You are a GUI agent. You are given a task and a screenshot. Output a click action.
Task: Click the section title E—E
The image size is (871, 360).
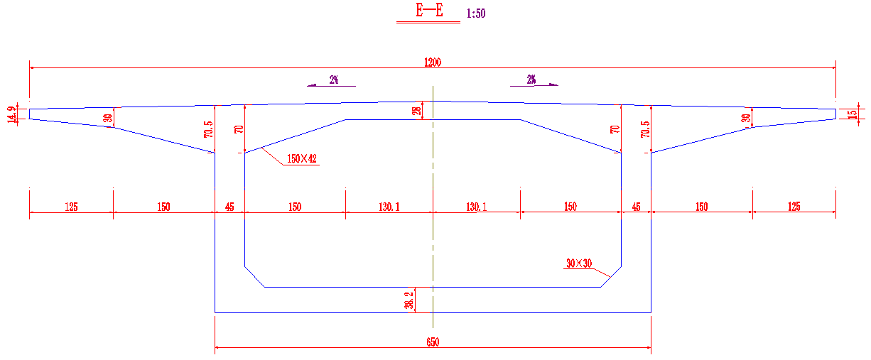428,11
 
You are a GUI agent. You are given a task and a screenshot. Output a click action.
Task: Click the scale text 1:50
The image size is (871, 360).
476,13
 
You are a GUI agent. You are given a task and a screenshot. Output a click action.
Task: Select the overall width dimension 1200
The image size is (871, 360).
432,62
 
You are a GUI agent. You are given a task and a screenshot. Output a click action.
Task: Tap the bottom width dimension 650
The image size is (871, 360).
433,342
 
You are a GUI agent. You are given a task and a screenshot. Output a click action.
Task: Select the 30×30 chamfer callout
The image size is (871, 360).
578,263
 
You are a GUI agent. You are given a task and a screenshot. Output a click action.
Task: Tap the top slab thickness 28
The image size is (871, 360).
418,110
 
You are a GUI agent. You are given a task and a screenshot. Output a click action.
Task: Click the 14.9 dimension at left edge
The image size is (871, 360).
11,114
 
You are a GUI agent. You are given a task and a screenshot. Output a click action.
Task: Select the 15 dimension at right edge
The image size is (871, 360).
853,114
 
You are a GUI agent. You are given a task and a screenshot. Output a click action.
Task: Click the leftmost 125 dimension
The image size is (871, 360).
71,207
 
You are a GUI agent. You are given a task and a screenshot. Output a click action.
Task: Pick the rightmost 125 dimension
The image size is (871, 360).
794,207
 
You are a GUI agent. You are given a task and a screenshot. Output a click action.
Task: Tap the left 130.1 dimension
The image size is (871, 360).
389,207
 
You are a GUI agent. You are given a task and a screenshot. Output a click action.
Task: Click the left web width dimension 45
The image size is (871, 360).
229,207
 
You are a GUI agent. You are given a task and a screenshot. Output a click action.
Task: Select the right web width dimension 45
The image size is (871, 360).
636,207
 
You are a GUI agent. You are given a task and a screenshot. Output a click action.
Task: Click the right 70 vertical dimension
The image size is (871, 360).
615,129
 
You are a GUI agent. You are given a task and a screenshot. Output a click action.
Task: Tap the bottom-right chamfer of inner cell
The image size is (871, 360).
611,278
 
